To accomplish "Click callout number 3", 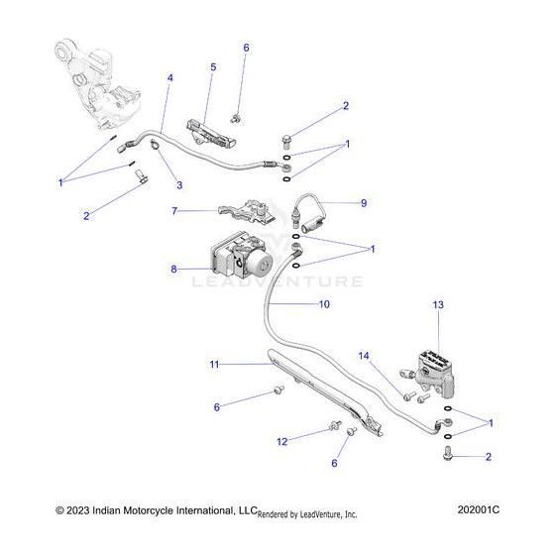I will click(179, 185).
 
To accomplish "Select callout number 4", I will click(169, 77).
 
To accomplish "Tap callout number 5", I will click(212, 66).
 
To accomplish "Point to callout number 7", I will click(175, 211).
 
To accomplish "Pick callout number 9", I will click(363, 202).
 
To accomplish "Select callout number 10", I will click(323, 305).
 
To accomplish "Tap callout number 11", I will click(213, 365).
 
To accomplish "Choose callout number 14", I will click(364, 355).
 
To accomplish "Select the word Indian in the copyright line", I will click(116, 509).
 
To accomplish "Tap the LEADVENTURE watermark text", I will click(277, 281).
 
